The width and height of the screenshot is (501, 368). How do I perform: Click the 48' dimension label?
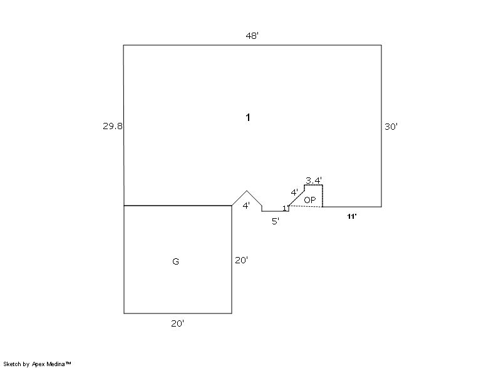click(252, 36)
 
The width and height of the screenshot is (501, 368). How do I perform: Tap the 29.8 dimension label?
click(113, 126)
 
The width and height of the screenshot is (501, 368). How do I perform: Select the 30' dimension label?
click(391, 127)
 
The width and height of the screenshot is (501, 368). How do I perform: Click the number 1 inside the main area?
click(247, 118)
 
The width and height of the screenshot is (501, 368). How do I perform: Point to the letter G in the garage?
click(175, 261)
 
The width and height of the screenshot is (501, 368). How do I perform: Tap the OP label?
click(309, 200)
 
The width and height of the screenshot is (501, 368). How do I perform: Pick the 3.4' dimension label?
click(314, 181)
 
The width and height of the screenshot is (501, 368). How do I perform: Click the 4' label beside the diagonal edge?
click(294, 192)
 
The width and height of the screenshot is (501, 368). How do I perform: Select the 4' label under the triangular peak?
click(246, 206)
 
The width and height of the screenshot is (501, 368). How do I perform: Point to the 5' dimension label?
click(276, 221)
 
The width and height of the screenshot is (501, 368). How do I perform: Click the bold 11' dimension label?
click(351, 217)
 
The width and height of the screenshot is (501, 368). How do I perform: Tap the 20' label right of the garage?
click(241, 260)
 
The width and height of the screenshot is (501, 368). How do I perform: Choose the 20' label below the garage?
click(177, 323)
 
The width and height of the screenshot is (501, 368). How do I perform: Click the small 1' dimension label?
click(285, 209)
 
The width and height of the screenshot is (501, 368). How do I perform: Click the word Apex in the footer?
click(39, 364)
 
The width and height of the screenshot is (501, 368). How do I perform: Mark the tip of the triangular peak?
click(247, 191)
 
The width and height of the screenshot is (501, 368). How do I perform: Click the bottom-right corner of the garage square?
click(232, 313)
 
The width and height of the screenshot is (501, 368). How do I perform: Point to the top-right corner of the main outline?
click(381, 45)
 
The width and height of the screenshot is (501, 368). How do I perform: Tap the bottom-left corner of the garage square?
click(124, 313)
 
